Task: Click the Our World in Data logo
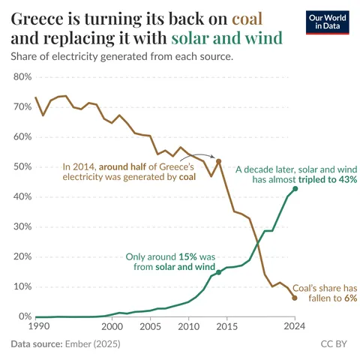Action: [328, 22]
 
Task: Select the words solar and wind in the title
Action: [227, 37]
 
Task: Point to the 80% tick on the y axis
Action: [21, 76]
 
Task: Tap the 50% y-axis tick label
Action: [21, 166]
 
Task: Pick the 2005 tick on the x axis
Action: [151, 327]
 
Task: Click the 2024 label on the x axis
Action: [295, 327]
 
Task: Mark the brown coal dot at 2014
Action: [218, 161]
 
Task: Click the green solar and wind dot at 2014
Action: [218, 273]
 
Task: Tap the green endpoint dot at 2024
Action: [295, 189]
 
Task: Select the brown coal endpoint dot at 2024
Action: [295, 298]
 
